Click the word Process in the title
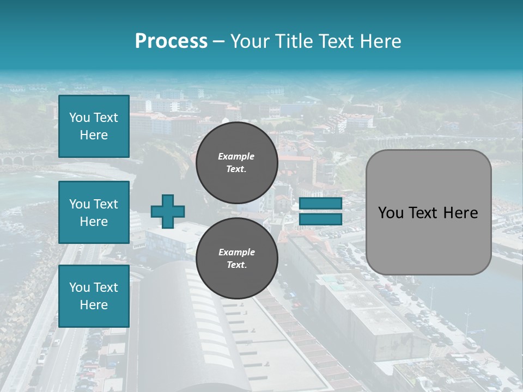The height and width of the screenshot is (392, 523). tap(171, 41)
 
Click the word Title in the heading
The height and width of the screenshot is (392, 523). tap(295, 41)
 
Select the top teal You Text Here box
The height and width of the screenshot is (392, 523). tap(94, 126)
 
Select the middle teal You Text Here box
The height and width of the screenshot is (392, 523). tap(94, 212)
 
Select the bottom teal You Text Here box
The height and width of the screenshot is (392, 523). tap(94, 296)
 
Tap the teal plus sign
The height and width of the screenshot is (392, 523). tap(168, 211)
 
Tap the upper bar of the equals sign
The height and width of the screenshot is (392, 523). tap(320, 204)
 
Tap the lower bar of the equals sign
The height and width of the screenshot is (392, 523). tap(320, 219)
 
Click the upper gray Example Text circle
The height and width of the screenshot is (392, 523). tap(236, 162)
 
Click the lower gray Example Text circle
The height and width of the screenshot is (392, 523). tap(236, 258)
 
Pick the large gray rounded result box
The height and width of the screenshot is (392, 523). tap(428, 212)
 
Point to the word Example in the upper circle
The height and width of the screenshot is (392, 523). tap(236, 156)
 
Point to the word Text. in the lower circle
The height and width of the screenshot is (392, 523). tap(236, 265)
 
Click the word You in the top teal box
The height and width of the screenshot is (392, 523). tap(80, 118)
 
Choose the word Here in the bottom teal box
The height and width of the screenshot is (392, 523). tap(94, 305)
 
